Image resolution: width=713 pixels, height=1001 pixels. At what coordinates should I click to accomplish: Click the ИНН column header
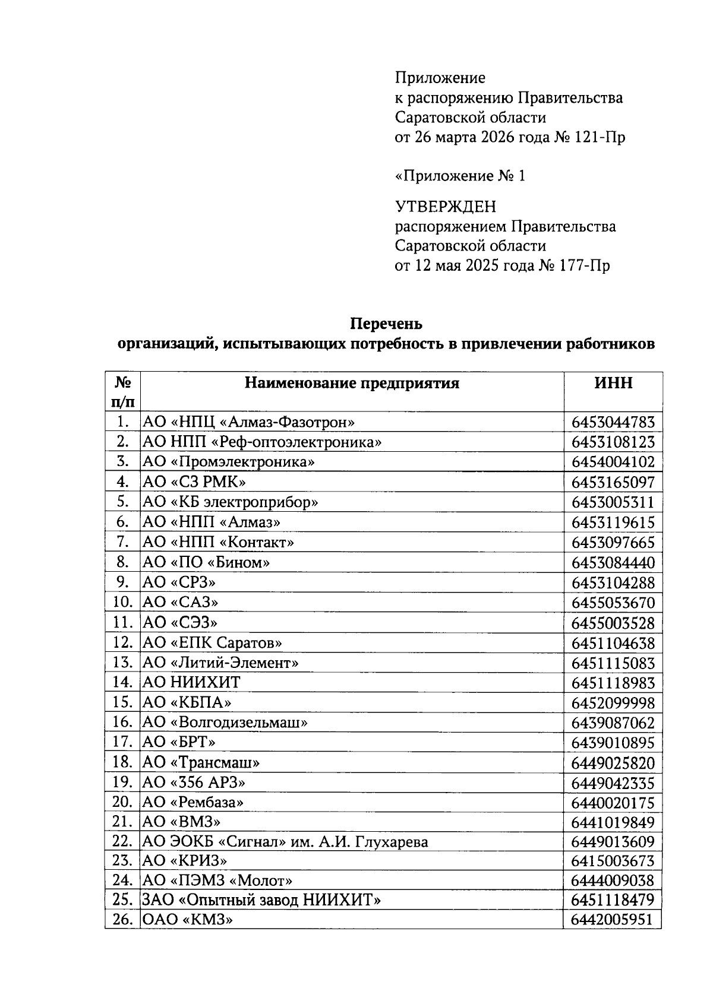613,383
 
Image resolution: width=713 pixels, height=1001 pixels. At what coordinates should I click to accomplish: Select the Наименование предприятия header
352,383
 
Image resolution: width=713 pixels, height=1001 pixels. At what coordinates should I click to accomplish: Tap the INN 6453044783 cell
613,423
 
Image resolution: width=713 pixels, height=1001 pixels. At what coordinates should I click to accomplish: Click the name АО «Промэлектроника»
228,462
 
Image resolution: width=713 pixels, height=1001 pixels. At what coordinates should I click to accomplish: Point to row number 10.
122,602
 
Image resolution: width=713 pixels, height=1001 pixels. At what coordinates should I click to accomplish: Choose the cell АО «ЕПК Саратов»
212,642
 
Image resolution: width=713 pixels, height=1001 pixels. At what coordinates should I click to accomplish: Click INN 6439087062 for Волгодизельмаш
613,723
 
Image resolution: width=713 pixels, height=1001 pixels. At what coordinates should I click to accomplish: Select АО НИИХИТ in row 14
191,682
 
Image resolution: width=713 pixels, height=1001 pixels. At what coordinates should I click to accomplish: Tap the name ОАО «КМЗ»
187,920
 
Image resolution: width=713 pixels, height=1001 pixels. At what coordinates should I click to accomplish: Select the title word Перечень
386,324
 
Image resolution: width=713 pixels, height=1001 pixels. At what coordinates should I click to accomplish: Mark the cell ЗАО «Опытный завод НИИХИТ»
261,900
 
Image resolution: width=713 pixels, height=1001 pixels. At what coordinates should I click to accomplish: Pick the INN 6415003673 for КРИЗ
613,861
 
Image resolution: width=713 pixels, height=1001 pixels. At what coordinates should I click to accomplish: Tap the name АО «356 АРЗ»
194,782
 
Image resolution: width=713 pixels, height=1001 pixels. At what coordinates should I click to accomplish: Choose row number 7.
123,542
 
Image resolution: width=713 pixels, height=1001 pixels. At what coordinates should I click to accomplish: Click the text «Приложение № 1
460,176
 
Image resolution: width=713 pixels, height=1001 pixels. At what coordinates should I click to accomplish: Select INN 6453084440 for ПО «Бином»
613,562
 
